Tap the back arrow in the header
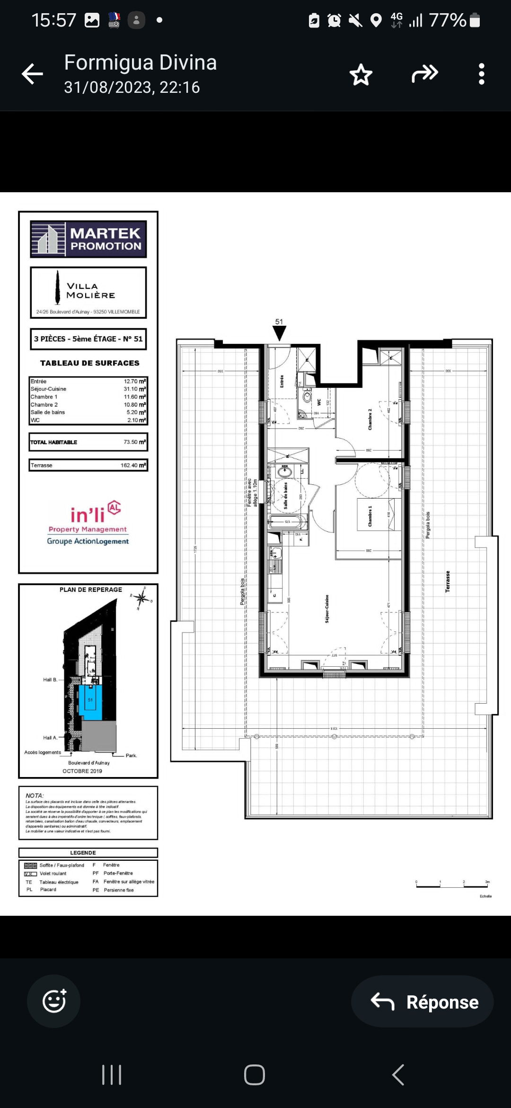[x=32, y=74]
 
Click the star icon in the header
[x=361, y=74]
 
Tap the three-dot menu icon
[x=481, y=74]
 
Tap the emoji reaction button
[x=54, y=1001]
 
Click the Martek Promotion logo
[x=88, y=239]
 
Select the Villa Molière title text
[x=90, y=290]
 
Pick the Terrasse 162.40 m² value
[x=133, y=465]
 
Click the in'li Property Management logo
[x=88, y=523]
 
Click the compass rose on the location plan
[x=141, y=598]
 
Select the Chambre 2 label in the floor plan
[x=370, y=420]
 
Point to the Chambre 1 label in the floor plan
[x=370, y=516]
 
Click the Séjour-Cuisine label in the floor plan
[x=327, y=608]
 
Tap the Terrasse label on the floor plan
[x=448, y=581]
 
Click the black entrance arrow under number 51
[x=280, y=333]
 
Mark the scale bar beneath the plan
[x=452, y=885]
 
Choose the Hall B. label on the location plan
[x=50, y=679]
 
